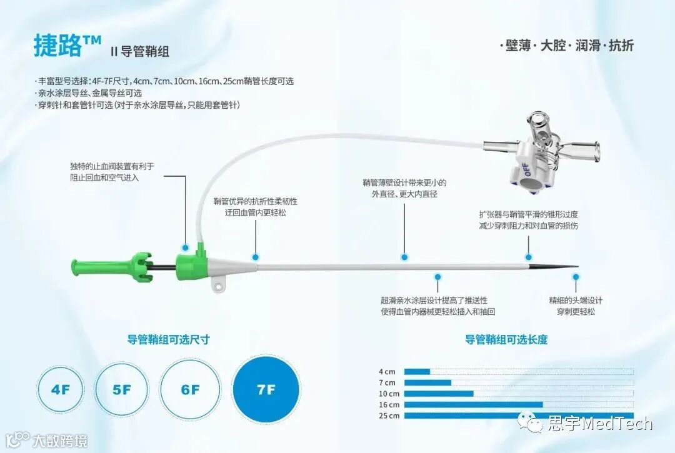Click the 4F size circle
tap(61, 390)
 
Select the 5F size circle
tap(122, 390)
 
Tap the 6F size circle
tap(190, 390)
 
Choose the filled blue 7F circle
tap(266, 390)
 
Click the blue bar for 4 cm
tap(417, 372)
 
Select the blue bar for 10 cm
tap(439, 394)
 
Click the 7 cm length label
tap(387, 382)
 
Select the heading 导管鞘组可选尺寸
tap(168, 340)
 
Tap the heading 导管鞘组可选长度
tap(506, 340)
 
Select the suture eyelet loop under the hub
tap(219, 286)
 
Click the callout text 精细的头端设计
tap(576, 301)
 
